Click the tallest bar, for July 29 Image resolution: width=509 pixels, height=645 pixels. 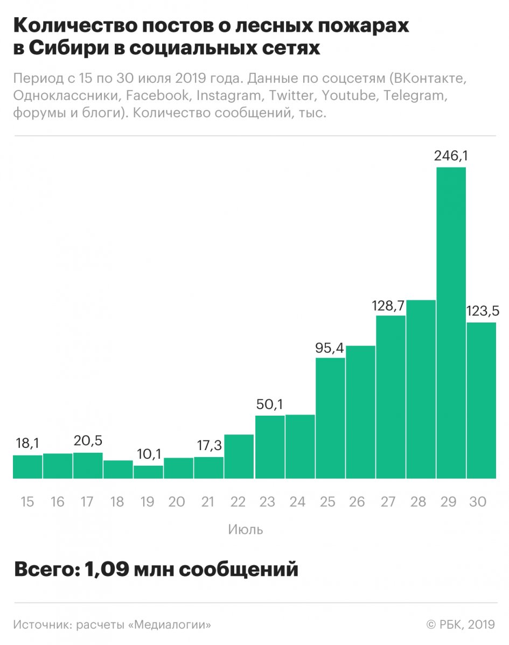[451, 323]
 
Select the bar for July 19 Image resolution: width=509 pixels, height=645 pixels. [148, 472]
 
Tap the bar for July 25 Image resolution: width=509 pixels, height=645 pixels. [330, 418]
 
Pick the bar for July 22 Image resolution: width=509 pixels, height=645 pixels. [239, 457]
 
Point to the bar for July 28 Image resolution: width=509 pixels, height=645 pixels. [421, 389]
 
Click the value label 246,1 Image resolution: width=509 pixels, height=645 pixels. [451, 157]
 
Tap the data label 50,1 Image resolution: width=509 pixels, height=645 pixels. [270, 404]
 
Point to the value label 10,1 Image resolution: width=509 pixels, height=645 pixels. [148, 454]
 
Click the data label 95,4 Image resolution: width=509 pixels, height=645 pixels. [330, 347]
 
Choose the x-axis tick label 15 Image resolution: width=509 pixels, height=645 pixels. [27, 502]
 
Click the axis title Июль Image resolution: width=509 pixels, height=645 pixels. [246, 529]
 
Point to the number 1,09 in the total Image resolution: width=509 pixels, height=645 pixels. [104, 569]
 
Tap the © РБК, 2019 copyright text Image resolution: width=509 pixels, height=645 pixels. [460, 625]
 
